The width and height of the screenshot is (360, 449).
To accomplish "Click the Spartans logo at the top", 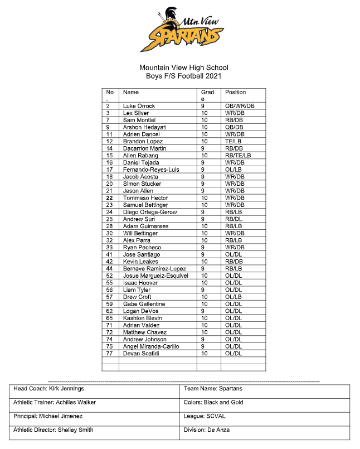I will click(x=184, y=30).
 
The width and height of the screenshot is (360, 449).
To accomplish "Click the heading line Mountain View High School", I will click(x=184, y=67).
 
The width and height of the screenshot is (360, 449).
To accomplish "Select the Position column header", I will click(x=235, y=92).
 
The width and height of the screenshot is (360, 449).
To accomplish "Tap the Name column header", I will click(x=131, y=92).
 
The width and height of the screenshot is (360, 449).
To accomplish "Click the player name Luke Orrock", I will click(x=139, y=106).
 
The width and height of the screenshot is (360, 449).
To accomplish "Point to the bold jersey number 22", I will click(x=109, y=198).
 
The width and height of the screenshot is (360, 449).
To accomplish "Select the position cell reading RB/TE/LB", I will click(x=238, y=156).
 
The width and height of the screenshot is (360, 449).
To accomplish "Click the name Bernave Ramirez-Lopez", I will click(x=154, y=269).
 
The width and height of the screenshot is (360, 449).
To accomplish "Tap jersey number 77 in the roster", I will click(x=109, y=354).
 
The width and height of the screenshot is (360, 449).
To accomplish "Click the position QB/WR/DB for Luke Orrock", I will click(x=240, y=106).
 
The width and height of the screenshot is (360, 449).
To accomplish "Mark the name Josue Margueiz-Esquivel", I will click(x=155, y=276).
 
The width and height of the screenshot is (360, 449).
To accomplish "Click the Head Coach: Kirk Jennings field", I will click(x=49, y=389).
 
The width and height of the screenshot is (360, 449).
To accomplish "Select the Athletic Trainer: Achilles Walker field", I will click(x=55, y=402).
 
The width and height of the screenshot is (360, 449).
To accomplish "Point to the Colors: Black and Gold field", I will click(x=213, y=402).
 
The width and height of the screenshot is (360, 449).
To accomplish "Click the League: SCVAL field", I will click(x=203, y=416).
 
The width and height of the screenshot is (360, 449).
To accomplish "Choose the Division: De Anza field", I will click(x=207, y=430).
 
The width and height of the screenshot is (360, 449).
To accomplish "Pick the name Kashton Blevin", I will click(x=143, y=318).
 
